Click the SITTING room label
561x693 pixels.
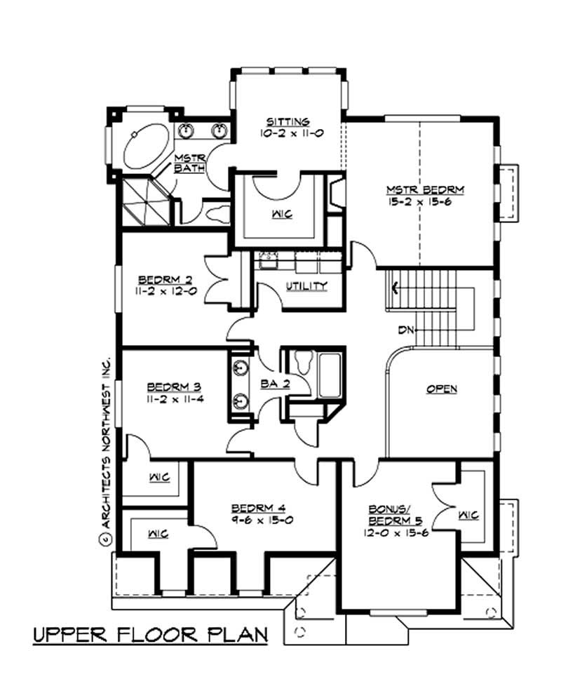coord(288,122)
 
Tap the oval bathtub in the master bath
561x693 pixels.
coord(147,147)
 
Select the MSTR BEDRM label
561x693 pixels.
coord(426,190)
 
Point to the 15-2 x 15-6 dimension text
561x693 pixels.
coord(419,203)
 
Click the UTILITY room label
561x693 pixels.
coord(306,286)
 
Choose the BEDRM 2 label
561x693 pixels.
coord(165,280)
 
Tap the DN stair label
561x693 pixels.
coord(405,330)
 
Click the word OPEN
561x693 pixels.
coord(442,389)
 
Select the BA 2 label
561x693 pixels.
coord(275,384)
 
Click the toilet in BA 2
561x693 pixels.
coord(304,362)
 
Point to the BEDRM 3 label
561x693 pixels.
coord(174,387)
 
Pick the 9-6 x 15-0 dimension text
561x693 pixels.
coord(262,520)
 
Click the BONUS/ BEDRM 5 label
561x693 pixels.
coord(396,515)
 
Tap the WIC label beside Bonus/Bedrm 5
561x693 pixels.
coord(468,516)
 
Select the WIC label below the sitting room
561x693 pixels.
coord(283,215)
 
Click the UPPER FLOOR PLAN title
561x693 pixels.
coord(151,635)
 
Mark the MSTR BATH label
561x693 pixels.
coord(189,163)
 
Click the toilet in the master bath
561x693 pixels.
coord(218,214)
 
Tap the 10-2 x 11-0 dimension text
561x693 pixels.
coord(292,133)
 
